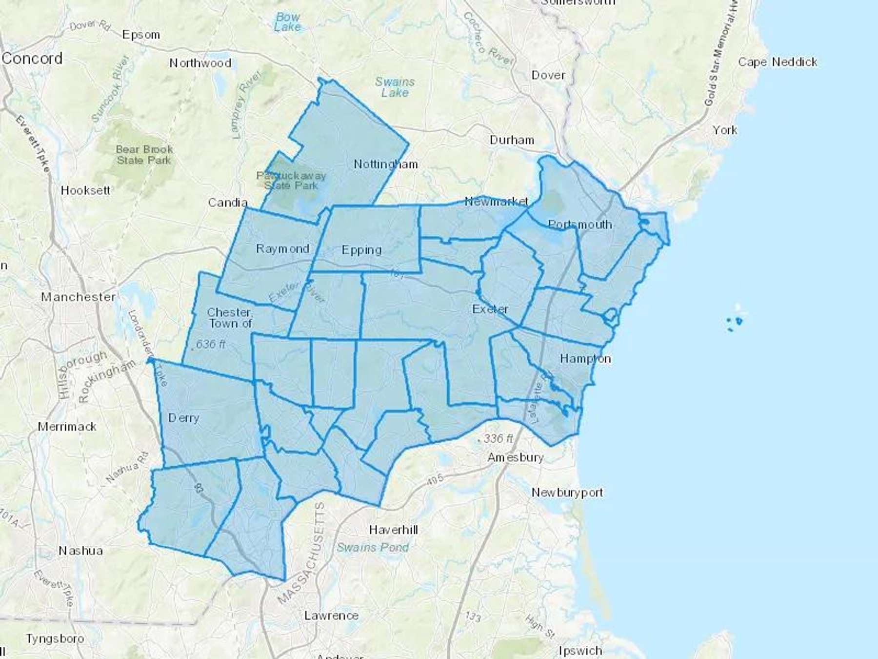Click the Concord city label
coord(32,59)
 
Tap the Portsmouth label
coord(579,225)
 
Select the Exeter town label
coord(490,309)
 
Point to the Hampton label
coord(585,359)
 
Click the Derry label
coord(183,418)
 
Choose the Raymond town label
coord(282,249)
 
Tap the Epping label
coord(361,250)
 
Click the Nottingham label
coord(385,164)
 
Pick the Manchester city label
coord(78,297)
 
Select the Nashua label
coord(80,551)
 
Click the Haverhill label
coord(393,530)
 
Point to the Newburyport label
coord(567,493)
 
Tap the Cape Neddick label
coord(778,62)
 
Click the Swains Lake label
coord(395,87)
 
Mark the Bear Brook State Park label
coord(144,155)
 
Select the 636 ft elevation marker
coord(210,345)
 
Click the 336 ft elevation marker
coord(498,438)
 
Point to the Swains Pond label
coord(373,548)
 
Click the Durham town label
coord(512,140)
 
